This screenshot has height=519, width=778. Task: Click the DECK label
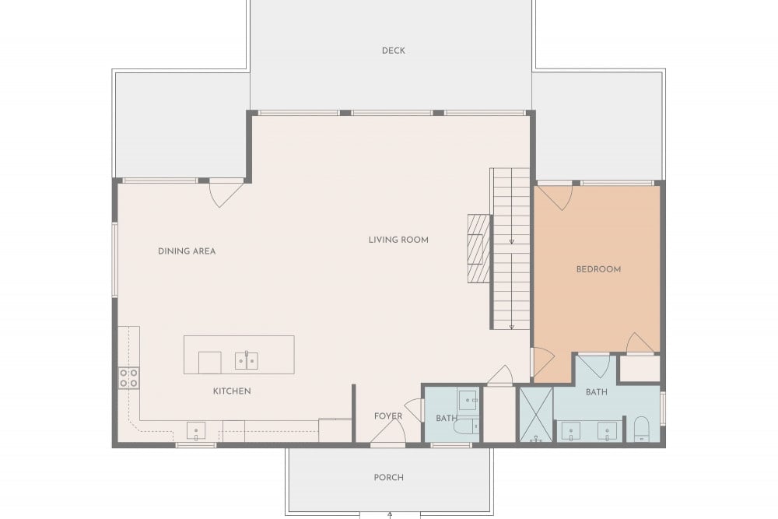pos(394,51)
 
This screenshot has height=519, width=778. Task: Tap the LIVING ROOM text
pos(398,240)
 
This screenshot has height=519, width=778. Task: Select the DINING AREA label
pos(187,251)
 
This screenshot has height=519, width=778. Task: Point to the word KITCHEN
pos(232,391)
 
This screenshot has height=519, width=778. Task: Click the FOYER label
pos(388,416)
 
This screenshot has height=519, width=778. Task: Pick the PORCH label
pos(388,477)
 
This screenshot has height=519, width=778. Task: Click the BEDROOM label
pos(598,269)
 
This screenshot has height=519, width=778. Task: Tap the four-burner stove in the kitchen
pos(128,378)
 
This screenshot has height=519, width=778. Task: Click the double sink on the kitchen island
pos(247,361)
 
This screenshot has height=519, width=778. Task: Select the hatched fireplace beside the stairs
pos(478,248)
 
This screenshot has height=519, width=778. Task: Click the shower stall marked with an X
pos(536,414)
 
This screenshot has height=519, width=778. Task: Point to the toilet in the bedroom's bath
pos(642,430)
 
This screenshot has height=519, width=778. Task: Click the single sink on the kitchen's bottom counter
pos(196,430)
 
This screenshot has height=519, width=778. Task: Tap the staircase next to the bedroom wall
pos(510,248)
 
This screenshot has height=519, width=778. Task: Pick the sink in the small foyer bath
pos(468,400)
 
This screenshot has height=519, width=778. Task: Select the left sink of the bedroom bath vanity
pos(570,430)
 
